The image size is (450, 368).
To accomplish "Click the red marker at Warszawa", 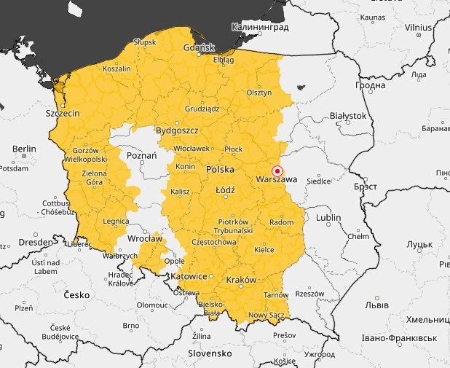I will [277, 171].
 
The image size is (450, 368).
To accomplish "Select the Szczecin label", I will [63, 114].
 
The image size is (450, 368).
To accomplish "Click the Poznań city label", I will [141, 156].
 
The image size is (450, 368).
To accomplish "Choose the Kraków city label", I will [242, 280].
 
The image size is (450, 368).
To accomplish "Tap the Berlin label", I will [23, 148].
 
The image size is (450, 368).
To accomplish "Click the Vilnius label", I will [419, 27].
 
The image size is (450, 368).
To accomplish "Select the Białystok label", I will [347, 115].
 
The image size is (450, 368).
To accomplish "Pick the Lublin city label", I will [328, 217].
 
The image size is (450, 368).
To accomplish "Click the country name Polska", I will [220, 169].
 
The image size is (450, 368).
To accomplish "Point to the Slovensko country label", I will [209, 353].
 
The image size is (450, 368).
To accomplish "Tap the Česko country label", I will [76, 295].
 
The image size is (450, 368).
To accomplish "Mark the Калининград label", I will [259, 27].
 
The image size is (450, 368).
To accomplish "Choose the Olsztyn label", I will [258, 93].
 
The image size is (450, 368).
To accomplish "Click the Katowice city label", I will [188, 277].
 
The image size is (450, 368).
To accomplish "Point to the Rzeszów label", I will [309, 294].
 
